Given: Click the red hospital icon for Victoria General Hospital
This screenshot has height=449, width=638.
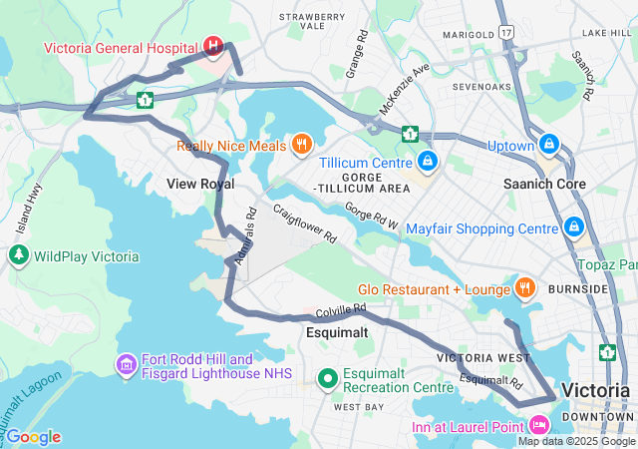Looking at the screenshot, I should pos(212,46).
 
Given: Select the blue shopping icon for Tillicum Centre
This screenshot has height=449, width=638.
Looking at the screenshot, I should pos(427,160).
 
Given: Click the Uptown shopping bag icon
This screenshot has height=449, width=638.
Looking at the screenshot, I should pos(548,145).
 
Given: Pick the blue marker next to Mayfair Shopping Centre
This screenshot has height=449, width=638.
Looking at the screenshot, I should pos(574,227).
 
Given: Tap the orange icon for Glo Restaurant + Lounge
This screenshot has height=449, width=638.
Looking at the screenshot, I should pos(524,288).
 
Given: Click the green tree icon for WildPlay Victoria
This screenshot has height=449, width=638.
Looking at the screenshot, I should pos(18,255).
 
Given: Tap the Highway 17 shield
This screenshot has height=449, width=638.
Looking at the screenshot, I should pos(507,33).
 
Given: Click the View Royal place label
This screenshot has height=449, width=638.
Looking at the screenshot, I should pos(200,184).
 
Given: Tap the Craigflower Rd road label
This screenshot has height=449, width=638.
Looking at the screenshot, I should pos(305,225).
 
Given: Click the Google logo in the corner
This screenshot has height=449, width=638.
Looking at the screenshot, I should pos(32,436).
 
